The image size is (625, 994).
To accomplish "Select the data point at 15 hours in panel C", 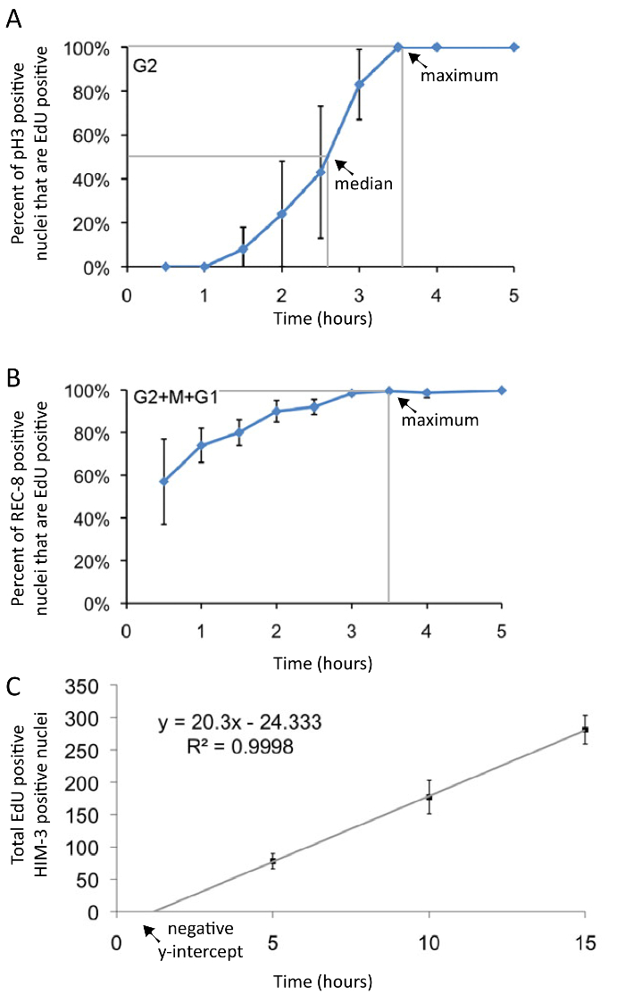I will pos(585,730).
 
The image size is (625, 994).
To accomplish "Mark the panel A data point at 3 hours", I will pos(359,85).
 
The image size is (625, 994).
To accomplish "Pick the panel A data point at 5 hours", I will pos(514,47).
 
